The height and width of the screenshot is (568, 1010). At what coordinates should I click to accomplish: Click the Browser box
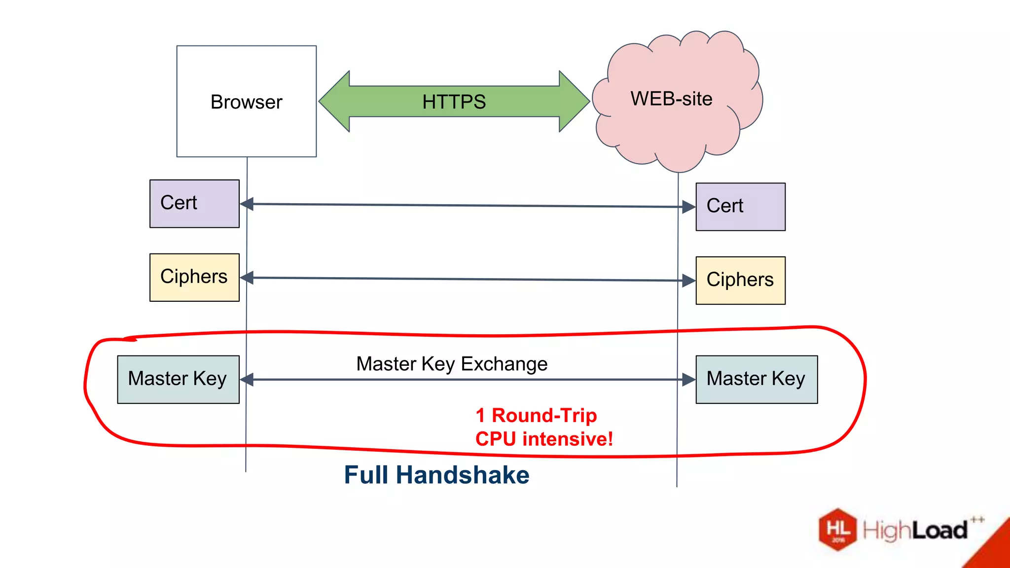246,102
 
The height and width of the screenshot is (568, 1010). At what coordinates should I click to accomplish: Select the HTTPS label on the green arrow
454,102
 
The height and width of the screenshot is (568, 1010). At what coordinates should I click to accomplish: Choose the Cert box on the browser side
194,204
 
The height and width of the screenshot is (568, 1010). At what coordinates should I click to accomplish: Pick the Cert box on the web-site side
740,207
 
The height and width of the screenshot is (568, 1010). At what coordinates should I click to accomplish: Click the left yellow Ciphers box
194,277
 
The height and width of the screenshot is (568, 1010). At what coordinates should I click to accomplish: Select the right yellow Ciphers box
740,280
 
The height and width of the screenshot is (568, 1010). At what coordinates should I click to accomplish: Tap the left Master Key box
178,379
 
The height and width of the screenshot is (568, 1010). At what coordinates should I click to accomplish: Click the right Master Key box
757,379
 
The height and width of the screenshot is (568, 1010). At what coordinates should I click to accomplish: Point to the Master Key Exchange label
452,364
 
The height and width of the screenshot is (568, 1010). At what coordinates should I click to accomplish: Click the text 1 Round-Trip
536,415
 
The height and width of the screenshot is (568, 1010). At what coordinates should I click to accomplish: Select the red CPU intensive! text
544,439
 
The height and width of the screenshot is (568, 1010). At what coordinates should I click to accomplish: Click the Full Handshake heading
436,475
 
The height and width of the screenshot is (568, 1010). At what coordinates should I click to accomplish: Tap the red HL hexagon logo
838,529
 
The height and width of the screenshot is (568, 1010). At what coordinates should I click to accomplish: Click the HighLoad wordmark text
915,531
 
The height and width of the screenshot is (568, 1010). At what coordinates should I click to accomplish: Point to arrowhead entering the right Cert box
689,207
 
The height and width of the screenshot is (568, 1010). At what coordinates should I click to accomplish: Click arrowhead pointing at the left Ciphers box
247,278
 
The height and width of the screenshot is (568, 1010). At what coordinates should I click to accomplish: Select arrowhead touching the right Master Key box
689,380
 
